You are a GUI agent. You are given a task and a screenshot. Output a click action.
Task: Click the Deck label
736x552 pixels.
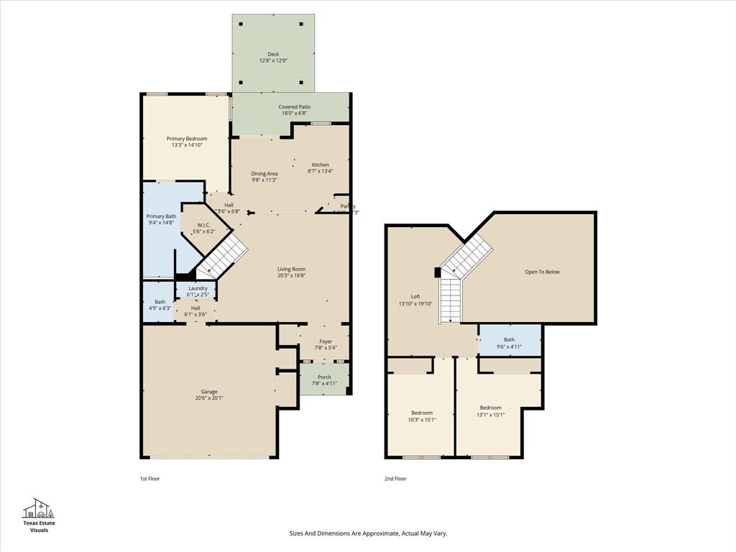tap(273, 54)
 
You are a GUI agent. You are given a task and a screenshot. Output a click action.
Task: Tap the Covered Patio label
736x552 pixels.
tap(295, 107)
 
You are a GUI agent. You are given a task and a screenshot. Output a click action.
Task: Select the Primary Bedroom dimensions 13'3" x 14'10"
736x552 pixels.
tap(187, 145)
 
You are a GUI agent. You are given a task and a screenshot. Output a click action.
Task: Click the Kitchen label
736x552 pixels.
tap(320, 165)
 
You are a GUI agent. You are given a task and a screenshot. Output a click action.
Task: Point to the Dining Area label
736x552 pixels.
tap(264, 173)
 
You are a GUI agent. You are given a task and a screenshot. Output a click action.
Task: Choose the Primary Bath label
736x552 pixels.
tap(161, 216)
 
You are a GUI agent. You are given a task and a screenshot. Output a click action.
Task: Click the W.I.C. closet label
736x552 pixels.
tap(203, 225)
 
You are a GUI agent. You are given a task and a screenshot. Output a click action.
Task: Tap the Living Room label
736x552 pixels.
tap(292, 270)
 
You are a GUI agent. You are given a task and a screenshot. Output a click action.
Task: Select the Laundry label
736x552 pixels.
tap(198, 288)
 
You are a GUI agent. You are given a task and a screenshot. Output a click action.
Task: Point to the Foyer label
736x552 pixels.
tap(326, 341)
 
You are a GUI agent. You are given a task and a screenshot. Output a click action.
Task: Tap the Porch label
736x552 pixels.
tap(324, 377)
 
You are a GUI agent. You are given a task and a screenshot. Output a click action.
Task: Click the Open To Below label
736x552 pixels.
tap(542, 272)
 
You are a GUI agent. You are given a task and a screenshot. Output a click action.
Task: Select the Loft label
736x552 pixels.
tap(415, 296)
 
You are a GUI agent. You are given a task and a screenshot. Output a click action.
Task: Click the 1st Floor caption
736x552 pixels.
tap(149, 479)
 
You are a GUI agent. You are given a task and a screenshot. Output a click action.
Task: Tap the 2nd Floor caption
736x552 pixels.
tap(395, 479)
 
